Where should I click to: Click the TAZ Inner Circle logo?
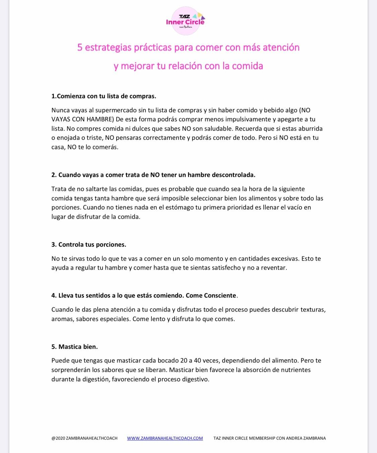click(186, 21)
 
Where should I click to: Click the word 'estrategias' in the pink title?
click(108, 48)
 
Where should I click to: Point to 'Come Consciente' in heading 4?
click(211, 296)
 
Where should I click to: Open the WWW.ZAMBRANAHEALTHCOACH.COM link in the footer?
click(165, 438)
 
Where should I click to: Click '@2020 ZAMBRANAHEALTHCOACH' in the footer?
click(84, 438)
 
